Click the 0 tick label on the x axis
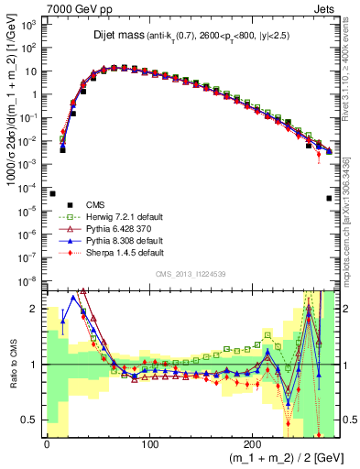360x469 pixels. [46, 445]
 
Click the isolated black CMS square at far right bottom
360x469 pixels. [329, 198]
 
